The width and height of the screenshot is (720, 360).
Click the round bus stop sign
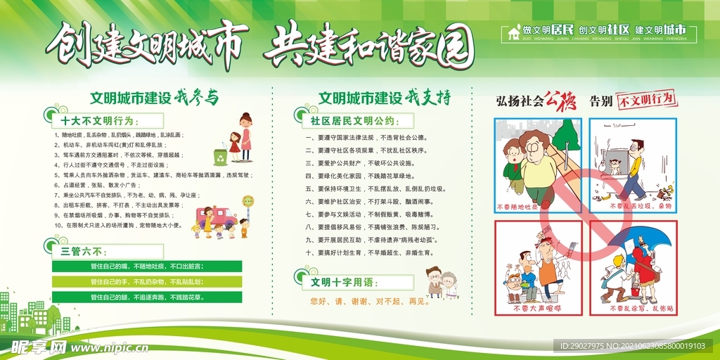(x=247, y=201)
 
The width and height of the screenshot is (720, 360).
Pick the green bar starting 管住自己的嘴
(x=147, y=266)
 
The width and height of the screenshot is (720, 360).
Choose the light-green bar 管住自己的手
(x=147, y=281)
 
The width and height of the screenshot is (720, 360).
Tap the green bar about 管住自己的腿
(x=147, y=297)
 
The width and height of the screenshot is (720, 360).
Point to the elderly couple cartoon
(x=442, y=282)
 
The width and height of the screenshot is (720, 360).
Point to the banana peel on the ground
(x=604, y=197)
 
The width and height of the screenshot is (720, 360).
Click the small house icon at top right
(x=514, y=32)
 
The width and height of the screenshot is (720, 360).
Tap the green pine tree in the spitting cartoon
(x=565, y=135)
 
